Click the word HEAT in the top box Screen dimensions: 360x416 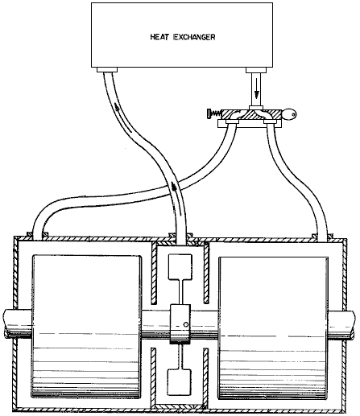159,37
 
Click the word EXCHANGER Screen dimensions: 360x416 194,37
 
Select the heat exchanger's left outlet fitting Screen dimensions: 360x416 107,70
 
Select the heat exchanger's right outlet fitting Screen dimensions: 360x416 256,70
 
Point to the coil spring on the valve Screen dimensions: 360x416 217,113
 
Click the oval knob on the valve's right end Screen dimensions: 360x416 289,114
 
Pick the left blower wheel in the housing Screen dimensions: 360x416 86,327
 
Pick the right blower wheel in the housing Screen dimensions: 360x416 273,327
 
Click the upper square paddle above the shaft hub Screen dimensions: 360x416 180,266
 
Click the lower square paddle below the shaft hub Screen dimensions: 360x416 180,381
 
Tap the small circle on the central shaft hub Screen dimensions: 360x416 186,324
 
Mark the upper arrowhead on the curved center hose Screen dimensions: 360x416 117,108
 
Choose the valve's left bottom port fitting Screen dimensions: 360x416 232,122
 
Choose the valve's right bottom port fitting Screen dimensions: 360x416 270,122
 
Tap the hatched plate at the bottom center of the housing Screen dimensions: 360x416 180,406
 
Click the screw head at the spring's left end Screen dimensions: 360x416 209,113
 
